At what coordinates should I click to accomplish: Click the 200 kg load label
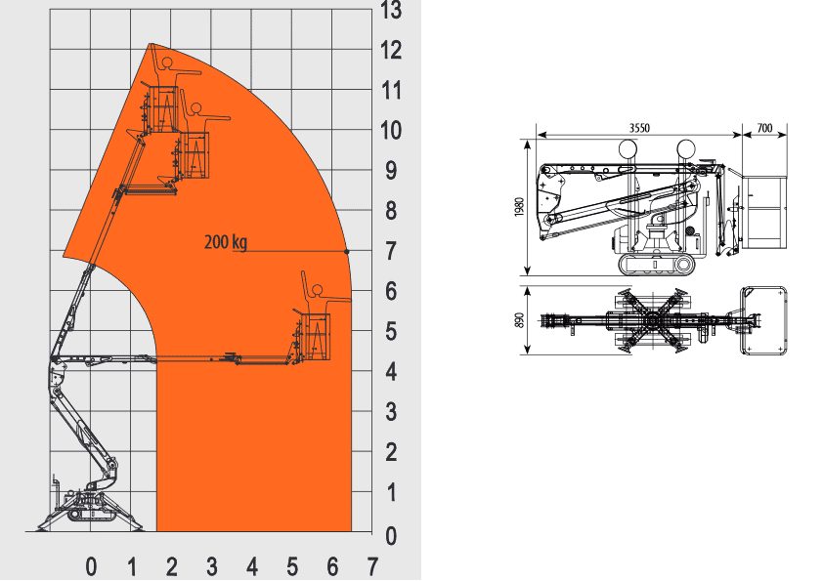click(226, 242)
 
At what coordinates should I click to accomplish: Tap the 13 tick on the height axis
click(391, 10)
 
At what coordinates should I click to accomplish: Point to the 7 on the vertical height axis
click(391, 251)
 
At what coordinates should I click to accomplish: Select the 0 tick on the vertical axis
click(391, 536)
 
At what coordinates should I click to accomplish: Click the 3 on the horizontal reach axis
click(211, 567)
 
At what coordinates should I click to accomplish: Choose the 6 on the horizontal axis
click(332, 567)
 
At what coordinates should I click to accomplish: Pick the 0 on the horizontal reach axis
click(91, 567)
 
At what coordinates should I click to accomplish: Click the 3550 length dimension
click(639, 128)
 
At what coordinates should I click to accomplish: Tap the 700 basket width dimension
click(764, 128)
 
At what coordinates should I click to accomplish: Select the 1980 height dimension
click(519, 207)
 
